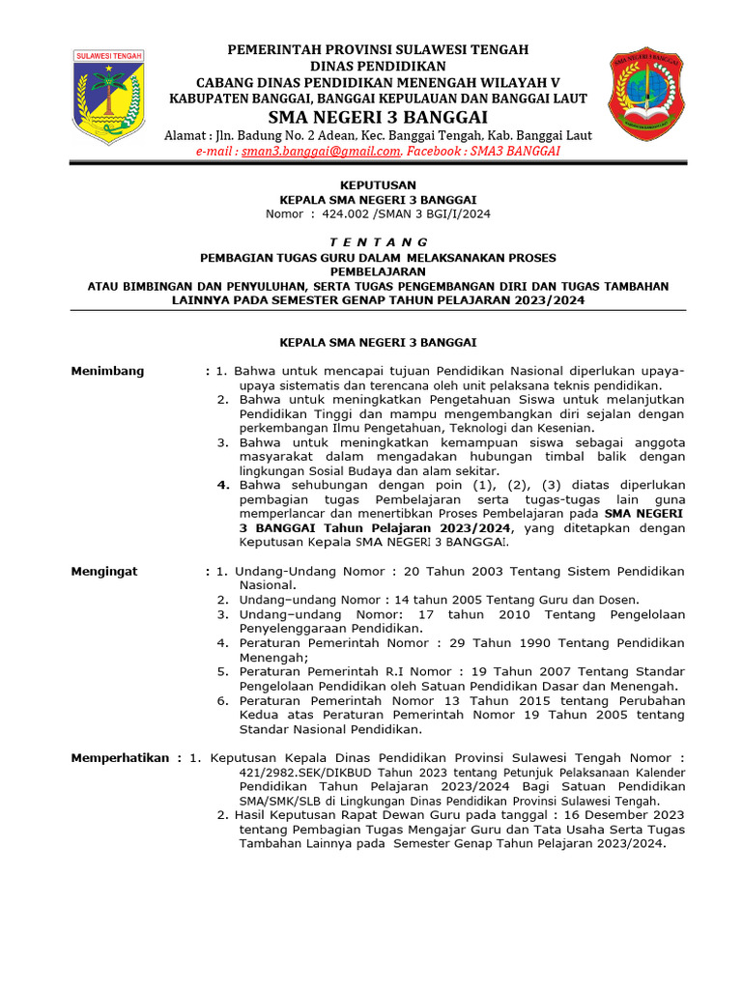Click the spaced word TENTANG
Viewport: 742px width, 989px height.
(378, 241)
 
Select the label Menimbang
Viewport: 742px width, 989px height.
(107, 370)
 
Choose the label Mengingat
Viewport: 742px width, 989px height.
(104, 571)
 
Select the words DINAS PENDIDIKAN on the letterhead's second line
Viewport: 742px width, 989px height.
(378, 65)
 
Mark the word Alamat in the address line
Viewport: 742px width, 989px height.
(185, 135)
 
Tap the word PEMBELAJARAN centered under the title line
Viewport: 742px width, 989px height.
(378, 271)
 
